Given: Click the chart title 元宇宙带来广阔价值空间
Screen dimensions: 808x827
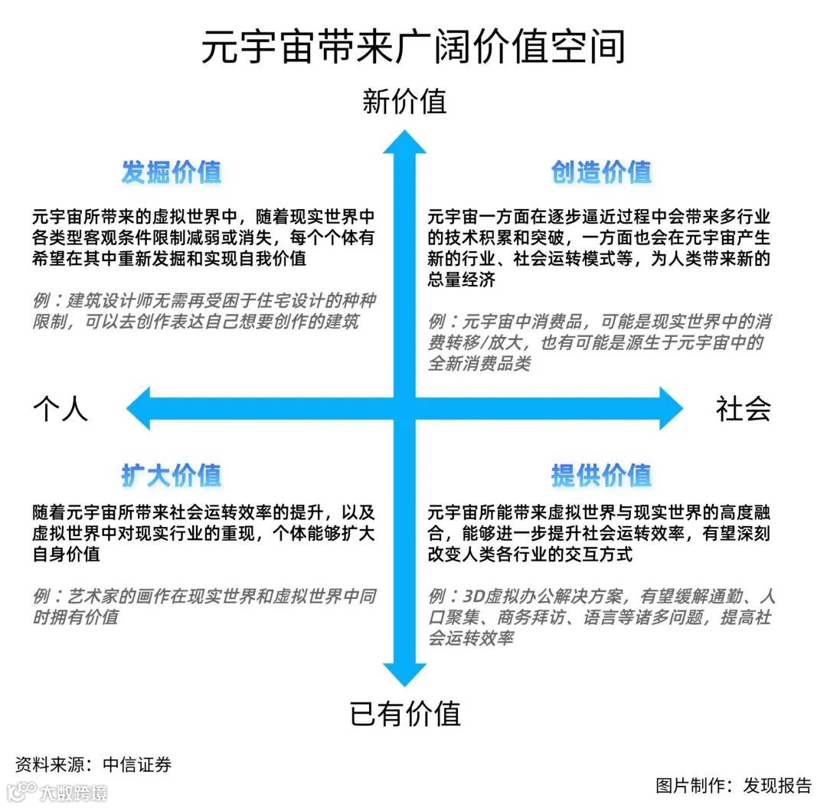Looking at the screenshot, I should (x=413, y=47).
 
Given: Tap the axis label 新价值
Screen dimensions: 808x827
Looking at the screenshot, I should (x=404, y=102).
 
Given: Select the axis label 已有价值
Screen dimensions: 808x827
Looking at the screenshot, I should (x=404, y=714).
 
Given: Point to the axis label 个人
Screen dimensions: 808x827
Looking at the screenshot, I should (x=60, y=409).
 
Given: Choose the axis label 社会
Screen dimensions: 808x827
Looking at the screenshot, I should (x=743, y=409).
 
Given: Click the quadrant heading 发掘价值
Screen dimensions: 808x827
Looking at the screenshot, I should (x=172, y=172).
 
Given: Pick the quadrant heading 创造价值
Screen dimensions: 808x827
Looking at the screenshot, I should (x=601, y=172).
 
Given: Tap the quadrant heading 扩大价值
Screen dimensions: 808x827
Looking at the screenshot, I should (x=172, y=476).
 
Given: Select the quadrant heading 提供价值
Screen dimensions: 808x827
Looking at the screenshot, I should (x=601, y=476).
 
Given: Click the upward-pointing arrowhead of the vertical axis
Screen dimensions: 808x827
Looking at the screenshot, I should (x=404, y=142).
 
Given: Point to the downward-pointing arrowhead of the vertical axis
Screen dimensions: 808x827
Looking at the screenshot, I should (x=404, y=674).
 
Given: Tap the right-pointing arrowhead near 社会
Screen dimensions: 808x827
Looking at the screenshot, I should (x=671, y=408).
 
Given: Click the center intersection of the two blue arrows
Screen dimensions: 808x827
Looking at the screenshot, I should (x=404, y=408).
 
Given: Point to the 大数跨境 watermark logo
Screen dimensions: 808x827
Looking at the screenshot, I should (x=57, y=791).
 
